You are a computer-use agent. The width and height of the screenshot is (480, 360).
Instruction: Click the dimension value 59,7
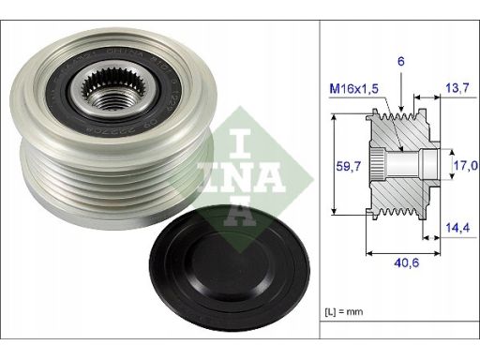pyautogui.click(x=349, y=166)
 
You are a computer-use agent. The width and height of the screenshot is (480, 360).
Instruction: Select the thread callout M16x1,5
pyautogui.click(x=353, y=89)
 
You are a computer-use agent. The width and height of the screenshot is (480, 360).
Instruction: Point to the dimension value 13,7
pyautogui.click(x=457, y=88)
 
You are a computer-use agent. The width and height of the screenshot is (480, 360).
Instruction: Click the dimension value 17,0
pyautogui.click(x=466, y=165)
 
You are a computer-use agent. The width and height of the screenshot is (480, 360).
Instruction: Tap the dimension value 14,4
pyautogui.click(x=457, y=228)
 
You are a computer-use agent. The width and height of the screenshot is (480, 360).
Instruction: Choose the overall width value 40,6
pyautogui.click(x=407, y=262)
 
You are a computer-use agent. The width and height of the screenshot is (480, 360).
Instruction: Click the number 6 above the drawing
pyautogui.click(x=401, y=62)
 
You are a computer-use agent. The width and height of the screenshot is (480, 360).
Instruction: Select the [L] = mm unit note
pyautogui.click(x=344, y=311)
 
